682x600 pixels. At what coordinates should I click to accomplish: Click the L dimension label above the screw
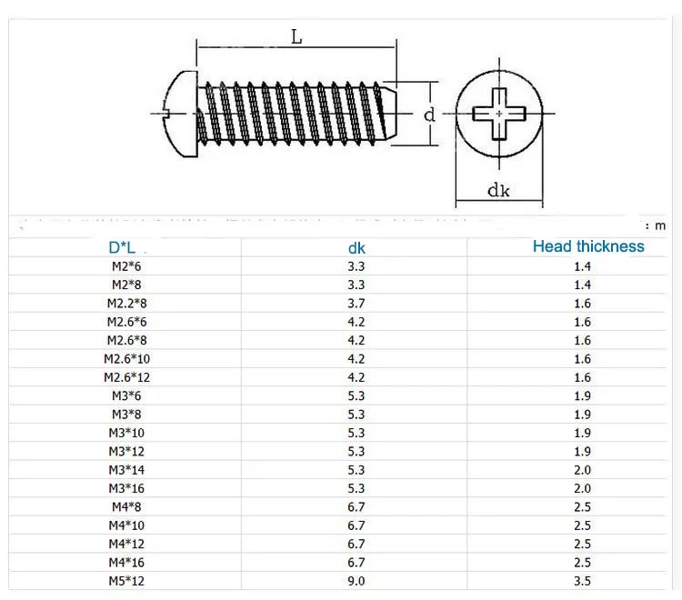point(296,37)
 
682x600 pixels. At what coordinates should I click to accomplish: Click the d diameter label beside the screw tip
point(429,115)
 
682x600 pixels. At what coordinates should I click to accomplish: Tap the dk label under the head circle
point(497,190)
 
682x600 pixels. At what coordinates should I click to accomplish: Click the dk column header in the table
point(357,247)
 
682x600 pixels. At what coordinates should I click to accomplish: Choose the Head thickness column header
point(587,246)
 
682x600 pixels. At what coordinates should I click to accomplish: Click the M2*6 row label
point(121,266)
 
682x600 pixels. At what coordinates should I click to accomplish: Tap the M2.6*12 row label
point(126,377)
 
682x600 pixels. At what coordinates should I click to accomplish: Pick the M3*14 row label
point(126,470)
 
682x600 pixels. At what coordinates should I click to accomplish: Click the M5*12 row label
point(126,581)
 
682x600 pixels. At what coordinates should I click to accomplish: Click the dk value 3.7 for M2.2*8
point(356,304)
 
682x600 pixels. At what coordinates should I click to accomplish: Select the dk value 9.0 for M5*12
point(356,581)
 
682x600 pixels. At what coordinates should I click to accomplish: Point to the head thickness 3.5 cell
point(582,581)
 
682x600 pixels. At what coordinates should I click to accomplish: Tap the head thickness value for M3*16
point(582,488)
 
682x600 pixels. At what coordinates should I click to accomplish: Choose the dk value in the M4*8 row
point(356,506)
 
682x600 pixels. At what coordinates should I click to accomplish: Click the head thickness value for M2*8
point(582,285)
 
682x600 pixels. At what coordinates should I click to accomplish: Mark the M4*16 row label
point(126,562)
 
